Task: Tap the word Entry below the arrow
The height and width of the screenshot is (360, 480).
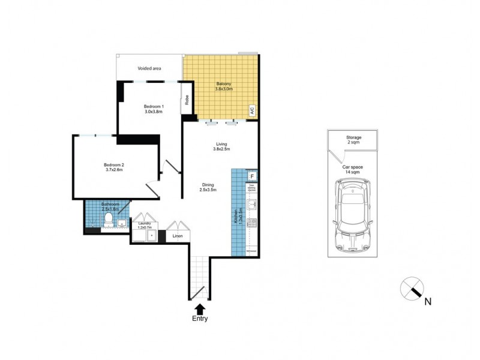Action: [x=200, y=319]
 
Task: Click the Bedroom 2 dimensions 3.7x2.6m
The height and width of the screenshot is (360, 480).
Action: [x=113, y=170]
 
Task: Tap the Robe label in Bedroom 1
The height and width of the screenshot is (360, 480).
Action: [x=187, y=100]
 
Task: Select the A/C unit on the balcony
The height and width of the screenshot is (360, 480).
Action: [x=252, y=110]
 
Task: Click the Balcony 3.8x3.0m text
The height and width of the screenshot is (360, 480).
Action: [x=223, y=86]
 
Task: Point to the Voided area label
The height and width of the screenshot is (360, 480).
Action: [x=149, y=68]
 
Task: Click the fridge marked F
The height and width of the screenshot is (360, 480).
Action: [x=253, y=176]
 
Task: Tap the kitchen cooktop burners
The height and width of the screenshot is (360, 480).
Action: [x=253, y=224]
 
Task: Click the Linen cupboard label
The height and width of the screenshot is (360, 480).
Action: [x=178, y=236]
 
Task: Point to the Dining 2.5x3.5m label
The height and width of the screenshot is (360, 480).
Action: [x=208, y=187]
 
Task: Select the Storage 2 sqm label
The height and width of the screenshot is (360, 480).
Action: [x=353, y=140]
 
